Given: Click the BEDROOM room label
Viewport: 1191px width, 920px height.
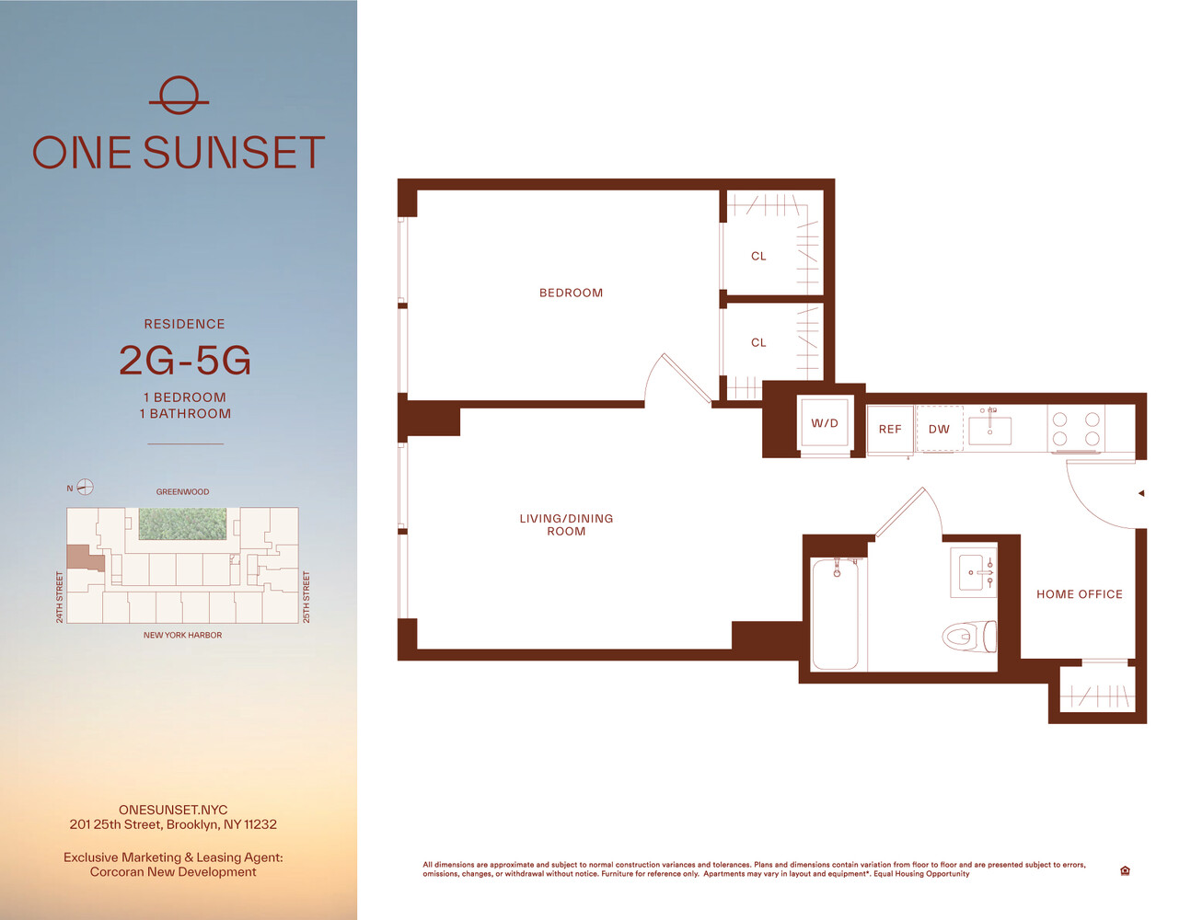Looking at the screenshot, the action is click(571, 293).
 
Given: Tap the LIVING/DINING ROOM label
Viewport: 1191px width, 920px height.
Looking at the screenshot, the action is click(566, 524).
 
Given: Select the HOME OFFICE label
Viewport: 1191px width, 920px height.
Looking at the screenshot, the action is click(1080, 594).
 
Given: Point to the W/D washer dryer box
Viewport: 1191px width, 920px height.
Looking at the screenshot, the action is click(825, 423).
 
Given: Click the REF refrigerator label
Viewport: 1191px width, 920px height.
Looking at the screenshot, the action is click(889, 430).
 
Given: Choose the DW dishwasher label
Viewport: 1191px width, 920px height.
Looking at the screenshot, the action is click(939, 430).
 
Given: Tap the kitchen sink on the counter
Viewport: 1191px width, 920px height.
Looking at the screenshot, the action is click(989, 430).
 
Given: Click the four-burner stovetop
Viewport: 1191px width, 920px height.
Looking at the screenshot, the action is click(1076, 429).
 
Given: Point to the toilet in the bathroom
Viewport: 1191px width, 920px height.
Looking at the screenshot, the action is click(969, 637).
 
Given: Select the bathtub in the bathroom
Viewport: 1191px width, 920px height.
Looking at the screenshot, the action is click(835, 614).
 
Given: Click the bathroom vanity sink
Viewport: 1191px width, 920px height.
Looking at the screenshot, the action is click(973, 572).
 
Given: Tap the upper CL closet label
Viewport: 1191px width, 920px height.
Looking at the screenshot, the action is click(758, 257).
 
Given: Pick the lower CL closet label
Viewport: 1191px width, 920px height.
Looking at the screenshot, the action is click(758, 343).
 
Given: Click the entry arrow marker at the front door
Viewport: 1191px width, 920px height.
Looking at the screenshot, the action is click(1141, 493).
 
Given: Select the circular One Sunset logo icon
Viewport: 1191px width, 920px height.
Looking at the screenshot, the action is click(179, 96).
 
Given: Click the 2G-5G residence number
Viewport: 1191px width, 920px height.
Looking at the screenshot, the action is click(185, 361).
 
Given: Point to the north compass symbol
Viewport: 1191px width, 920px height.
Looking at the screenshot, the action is click(85, 487).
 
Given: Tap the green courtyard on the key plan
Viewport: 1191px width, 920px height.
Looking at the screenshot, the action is click(182, 523).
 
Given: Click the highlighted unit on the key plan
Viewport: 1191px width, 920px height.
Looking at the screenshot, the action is click(84, 558).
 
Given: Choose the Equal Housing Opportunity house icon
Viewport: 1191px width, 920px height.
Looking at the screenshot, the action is click(1126, 870).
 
